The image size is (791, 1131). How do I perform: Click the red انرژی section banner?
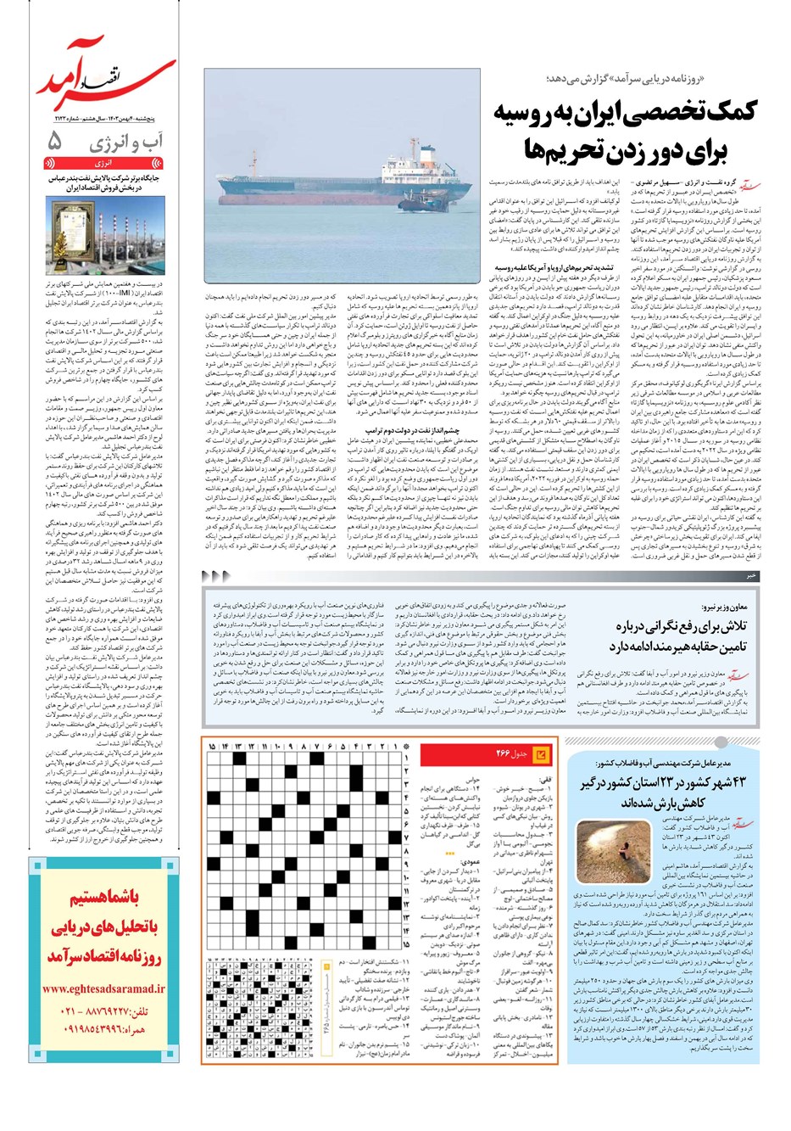[107, 160]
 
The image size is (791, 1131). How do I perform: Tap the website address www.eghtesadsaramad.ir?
[103, 989]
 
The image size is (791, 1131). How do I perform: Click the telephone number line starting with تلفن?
[104, 1012]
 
